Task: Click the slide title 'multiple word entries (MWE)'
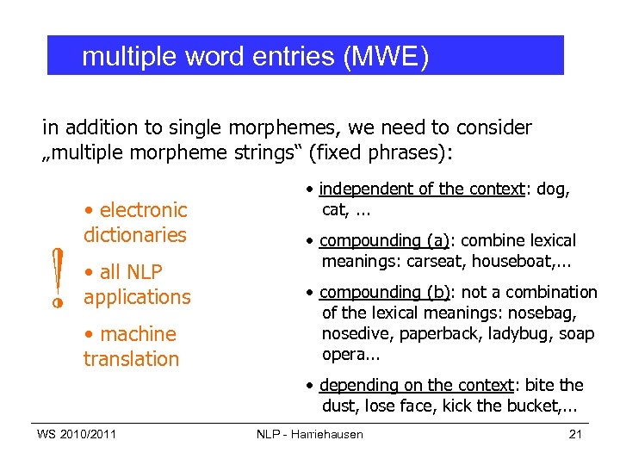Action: click(x=255, y=57)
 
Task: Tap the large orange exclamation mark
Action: click(x=57, y=278)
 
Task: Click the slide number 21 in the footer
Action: click(x=575, y=434)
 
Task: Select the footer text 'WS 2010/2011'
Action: click(x=77, y=434)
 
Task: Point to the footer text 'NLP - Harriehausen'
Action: click(x=310, y=434)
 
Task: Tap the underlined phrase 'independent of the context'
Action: click(x=422, y=189)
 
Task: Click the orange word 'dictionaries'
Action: click(x=135, y=234)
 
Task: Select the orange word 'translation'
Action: click(x=131, y=358)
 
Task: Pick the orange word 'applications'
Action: click(x=137, y=296)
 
